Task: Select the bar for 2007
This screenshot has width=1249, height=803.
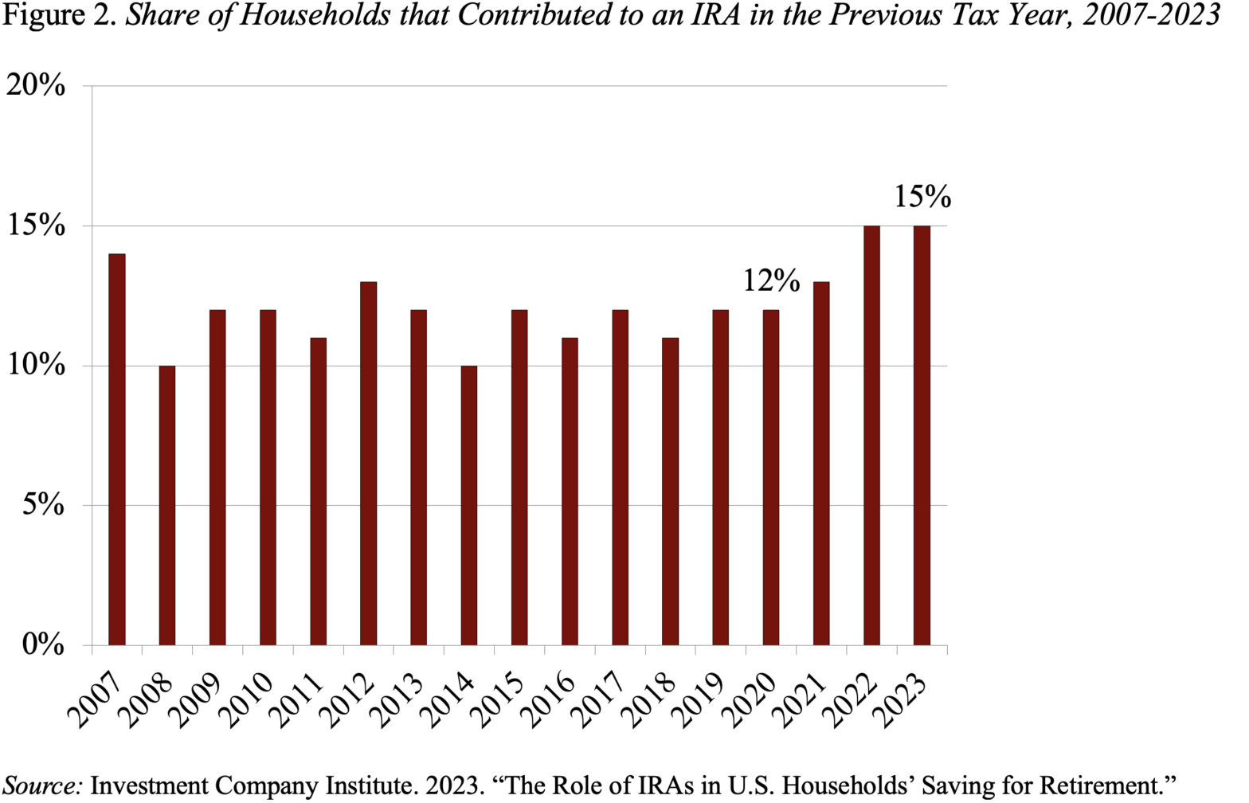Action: (x=116, y=449)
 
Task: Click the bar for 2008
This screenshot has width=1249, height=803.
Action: (x=166, y=505)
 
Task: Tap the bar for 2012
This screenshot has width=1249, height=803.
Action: (x=368, y=463)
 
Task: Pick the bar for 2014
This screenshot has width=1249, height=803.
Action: (x=469, y=505)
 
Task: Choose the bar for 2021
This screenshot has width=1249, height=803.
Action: (x=821, y=463)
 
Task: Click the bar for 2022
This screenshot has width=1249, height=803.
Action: (x=871, y=435)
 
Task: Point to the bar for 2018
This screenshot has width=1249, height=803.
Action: (x=670, y=491)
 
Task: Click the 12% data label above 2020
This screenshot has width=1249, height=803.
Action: (x=771, y=280)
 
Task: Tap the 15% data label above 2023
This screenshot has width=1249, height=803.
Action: (x=922, y=197)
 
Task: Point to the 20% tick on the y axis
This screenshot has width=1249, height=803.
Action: (x=36, y=84)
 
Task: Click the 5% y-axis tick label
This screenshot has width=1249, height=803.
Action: (x=42, y=504)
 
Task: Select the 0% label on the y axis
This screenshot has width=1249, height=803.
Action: (x=42, y=644)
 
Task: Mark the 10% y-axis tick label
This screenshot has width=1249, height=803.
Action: (x=36, y=365)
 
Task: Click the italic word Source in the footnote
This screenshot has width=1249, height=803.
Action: (x=42, y=785)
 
